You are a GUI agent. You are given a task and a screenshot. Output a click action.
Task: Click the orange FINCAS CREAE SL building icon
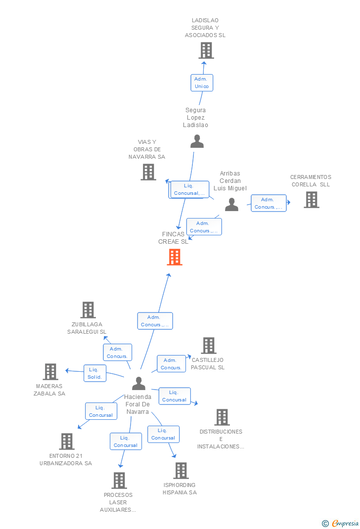coord(175,257)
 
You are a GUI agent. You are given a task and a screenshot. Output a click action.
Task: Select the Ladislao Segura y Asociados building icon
coord(206,50)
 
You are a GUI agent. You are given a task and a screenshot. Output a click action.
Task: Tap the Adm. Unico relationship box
coord(202,83)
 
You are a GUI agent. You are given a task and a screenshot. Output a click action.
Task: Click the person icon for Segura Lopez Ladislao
coord(197,141)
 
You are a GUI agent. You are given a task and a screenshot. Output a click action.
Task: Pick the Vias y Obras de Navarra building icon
coord(148,172)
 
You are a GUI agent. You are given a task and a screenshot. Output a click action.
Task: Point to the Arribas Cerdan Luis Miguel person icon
coord(232,205)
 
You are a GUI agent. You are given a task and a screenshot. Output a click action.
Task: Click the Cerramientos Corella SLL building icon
coord(312,200)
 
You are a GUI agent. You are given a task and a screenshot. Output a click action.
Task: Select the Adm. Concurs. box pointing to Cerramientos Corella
coord(269,203)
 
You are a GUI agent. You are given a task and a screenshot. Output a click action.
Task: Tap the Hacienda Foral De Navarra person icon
coord(138,383)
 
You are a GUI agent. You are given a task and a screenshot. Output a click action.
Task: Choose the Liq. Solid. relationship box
coord(95,373)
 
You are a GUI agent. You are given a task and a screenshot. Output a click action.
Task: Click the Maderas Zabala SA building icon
coord(50,372)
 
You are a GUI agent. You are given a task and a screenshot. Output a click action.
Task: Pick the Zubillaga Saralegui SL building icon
coord(88,309)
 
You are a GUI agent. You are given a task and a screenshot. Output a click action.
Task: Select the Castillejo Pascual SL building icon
coord(209,346)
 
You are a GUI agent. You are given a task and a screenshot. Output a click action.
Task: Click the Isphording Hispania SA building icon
coord(181,471)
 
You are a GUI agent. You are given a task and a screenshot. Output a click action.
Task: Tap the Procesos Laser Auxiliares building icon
coord(120,481)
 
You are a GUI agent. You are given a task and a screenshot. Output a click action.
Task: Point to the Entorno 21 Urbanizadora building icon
coord(67,441)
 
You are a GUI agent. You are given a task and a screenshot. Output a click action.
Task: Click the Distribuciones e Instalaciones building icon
coord(222,417)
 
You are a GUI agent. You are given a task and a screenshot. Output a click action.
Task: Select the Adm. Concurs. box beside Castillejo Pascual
coord(172,364)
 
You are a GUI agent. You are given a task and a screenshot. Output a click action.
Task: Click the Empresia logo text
coord(345,523)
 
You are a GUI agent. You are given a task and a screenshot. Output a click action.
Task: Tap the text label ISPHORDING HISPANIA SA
coord(180,489)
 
